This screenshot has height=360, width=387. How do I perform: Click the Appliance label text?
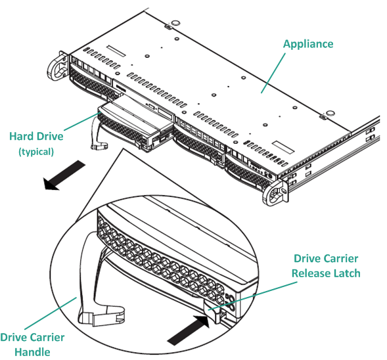(x=307, y=44)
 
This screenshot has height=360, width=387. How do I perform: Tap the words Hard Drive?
(x=36, y=137)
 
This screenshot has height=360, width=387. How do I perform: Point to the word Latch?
(x=346, y=273)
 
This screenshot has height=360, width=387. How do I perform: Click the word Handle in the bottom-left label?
(x=32, y=351)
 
